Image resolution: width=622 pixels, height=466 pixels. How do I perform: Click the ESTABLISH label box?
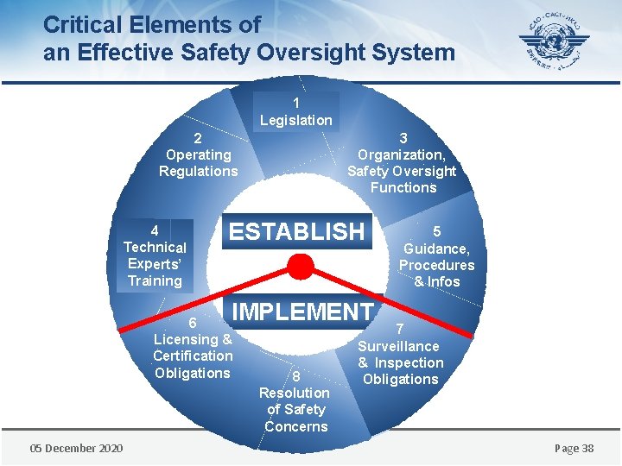coord(296,231)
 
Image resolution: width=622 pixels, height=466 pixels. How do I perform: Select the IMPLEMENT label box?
coord(302,312)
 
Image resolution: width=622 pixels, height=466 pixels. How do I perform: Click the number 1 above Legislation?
coord(296,103)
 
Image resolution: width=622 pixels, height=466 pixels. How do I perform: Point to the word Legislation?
coord(296,121)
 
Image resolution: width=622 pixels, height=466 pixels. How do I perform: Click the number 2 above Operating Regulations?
coord(198,138)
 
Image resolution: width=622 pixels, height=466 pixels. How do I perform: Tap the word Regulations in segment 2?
coord(198,171)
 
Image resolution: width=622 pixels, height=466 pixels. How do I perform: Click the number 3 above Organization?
coord(403,138)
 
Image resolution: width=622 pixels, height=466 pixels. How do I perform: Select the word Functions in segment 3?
coord(403,187)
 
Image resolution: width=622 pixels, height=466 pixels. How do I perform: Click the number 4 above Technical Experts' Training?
coord(155,230)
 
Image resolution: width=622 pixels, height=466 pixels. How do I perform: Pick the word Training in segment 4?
coord(155,280)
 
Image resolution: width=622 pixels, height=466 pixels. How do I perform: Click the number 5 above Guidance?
coord(436,231)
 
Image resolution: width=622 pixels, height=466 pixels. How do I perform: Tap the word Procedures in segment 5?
coord(436,265)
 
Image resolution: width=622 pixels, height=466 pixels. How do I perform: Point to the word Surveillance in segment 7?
coord(399,346)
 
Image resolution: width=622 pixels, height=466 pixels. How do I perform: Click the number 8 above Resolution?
coord(295,376)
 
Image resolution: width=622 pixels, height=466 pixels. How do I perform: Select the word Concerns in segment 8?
coord(296,426)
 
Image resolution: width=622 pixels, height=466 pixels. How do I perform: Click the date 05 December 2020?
coord(76,448)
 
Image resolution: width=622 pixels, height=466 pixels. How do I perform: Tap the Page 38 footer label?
coord(574,448)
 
